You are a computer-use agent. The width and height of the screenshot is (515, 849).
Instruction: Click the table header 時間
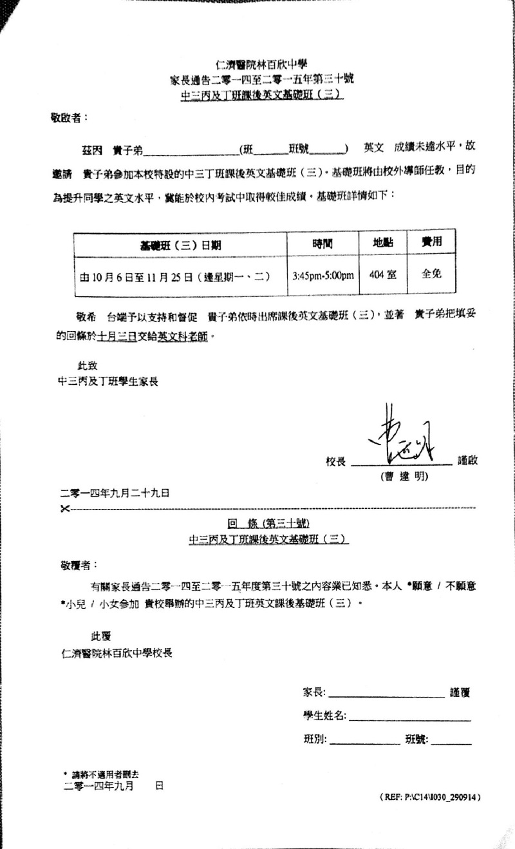322,243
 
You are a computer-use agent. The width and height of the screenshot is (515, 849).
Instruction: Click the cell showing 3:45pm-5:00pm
323,276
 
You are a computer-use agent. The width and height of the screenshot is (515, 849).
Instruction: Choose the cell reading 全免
431,274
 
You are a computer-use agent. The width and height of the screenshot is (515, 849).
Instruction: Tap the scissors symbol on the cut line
64,510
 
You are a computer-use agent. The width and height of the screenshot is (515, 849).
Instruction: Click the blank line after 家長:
386,693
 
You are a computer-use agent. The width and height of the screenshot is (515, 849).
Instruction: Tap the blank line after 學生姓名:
409,716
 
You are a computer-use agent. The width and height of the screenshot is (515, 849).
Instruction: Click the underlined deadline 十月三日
117,336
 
